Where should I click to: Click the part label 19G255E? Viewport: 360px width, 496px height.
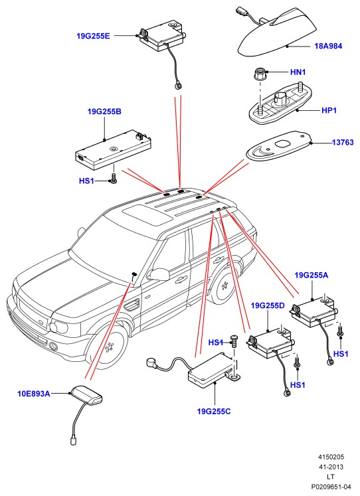click(x=94, y=36)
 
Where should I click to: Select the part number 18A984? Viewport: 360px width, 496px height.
click(x=328, y=46)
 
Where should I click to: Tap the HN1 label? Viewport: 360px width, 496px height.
click(x=298, y=72)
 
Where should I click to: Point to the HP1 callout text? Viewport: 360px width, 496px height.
click(x=329, y=110)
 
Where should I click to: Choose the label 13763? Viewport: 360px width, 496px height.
click(x=343, y=143)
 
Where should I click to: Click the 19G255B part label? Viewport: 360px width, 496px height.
click(x=104, y=112)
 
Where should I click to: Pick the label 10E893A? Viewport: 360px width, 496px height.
click(x=33, y=394)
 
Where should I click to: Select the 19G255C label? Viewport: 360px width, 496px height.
click(x=214, y=411)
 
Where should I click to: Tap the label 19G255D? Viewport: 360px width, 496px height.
click(x=268, y=305)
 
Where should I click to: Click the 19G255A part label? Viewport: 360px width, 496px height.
click(x=312, y=275)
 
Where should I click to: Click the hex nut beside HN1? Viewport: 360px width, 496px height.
click(x=260, y=74)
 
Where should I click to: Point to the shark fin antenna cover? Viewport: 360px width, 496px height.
click(x=277, y=35)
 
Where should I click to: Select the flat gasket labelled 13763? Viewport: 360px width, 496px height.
click(x=279, y=146)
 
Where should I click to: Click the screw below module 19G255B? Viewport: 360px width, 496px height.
click(x=114, y=177)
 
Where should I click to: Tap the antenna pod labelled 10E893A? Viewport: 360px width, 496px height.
click(x=86, y=396)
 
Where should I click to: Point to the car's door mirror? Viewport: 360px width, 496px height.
click(x=159, y=274)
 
